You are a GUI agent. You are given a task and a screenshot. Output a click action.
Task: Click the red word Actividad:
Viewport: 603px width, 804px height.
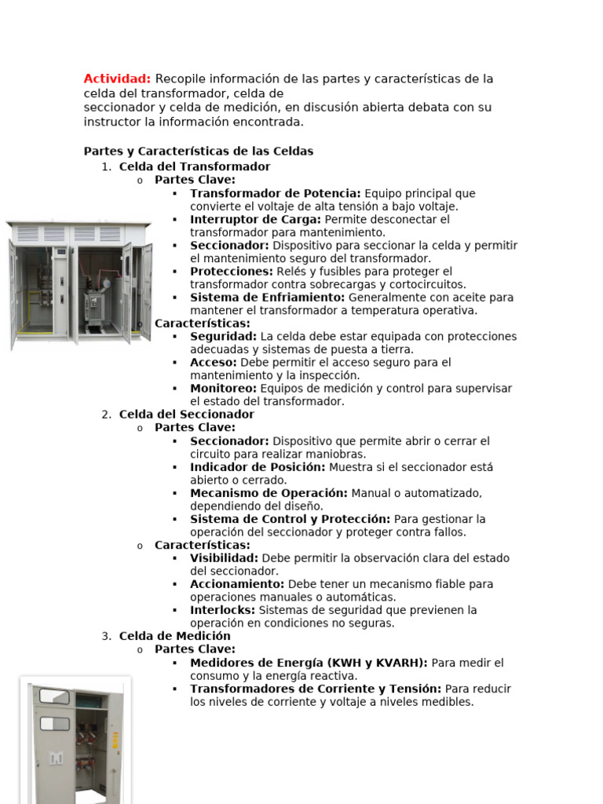click(x=118, y=79)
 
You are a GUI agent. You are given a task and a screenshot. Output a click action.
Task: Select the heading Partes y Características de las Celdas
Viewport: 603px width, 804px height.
click(x=198, y=151)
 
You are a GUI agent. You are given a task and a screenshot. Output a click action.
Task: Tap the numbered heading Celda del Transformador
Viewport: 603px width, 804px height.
click(x=194, y=166)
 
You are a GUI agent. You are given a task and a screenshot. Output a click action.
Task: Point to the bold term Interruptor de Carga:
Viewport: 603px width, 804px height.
click(x=255, y=219)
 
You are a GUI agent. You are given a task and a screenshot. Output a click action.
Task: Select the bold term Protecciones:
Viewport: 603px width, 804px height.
click(x=231, y=271)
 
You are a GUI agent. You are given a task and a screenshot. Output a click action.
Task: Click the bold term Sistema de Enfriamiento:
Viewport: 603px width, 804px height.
click(x=267, y=298)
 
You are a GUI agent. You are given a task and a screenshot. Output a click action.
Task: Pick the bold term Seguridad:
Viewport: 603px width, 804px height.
click(x=223, y=336)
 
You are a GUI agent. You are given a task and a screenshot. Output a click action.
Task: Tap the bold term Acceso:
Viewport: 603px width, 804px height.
click(x=213, y=362)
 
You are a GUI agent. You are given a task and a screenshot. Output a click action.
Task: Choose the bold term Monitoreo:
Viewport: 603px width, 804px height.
click(x=223, y=388)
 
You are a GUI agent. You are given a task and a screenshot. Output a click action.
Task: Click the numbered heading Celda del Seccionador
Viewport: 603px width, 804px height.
click(x=186, y=414)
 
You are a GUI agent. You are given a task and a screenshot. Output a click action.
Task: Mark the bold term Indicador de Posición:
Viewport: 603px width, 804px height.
click(x=258, y=466)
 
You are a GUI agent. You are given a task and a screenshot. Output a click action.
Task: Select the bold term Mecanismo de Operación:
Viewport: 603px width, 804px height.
click(x=269, y=493)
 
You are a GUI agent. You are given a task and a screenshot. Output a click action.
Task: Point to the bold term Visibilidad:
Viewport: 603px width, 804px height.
click(x=225, y=558)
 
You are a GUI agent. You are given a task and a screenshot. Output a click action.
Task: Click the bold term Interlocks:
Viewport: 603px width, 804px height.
click(x=223, y=610)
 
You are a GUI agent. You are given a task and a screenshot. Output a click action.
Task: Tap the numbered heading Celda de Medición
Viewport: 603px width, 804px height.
click(x=174, y=636)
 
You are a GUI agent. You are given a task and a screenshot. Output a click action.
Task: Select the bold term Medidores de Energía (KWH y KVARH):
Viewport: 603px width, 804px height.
click(x=309, y=663)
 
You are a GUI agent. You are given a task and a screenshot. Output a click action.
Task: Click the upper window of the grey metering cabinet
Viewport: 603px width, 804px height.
click(x=54, y=696)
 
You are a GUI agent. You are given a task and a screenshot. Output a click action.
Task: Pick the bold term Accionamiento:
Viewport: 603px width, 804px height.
click(x=237, y=584)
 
